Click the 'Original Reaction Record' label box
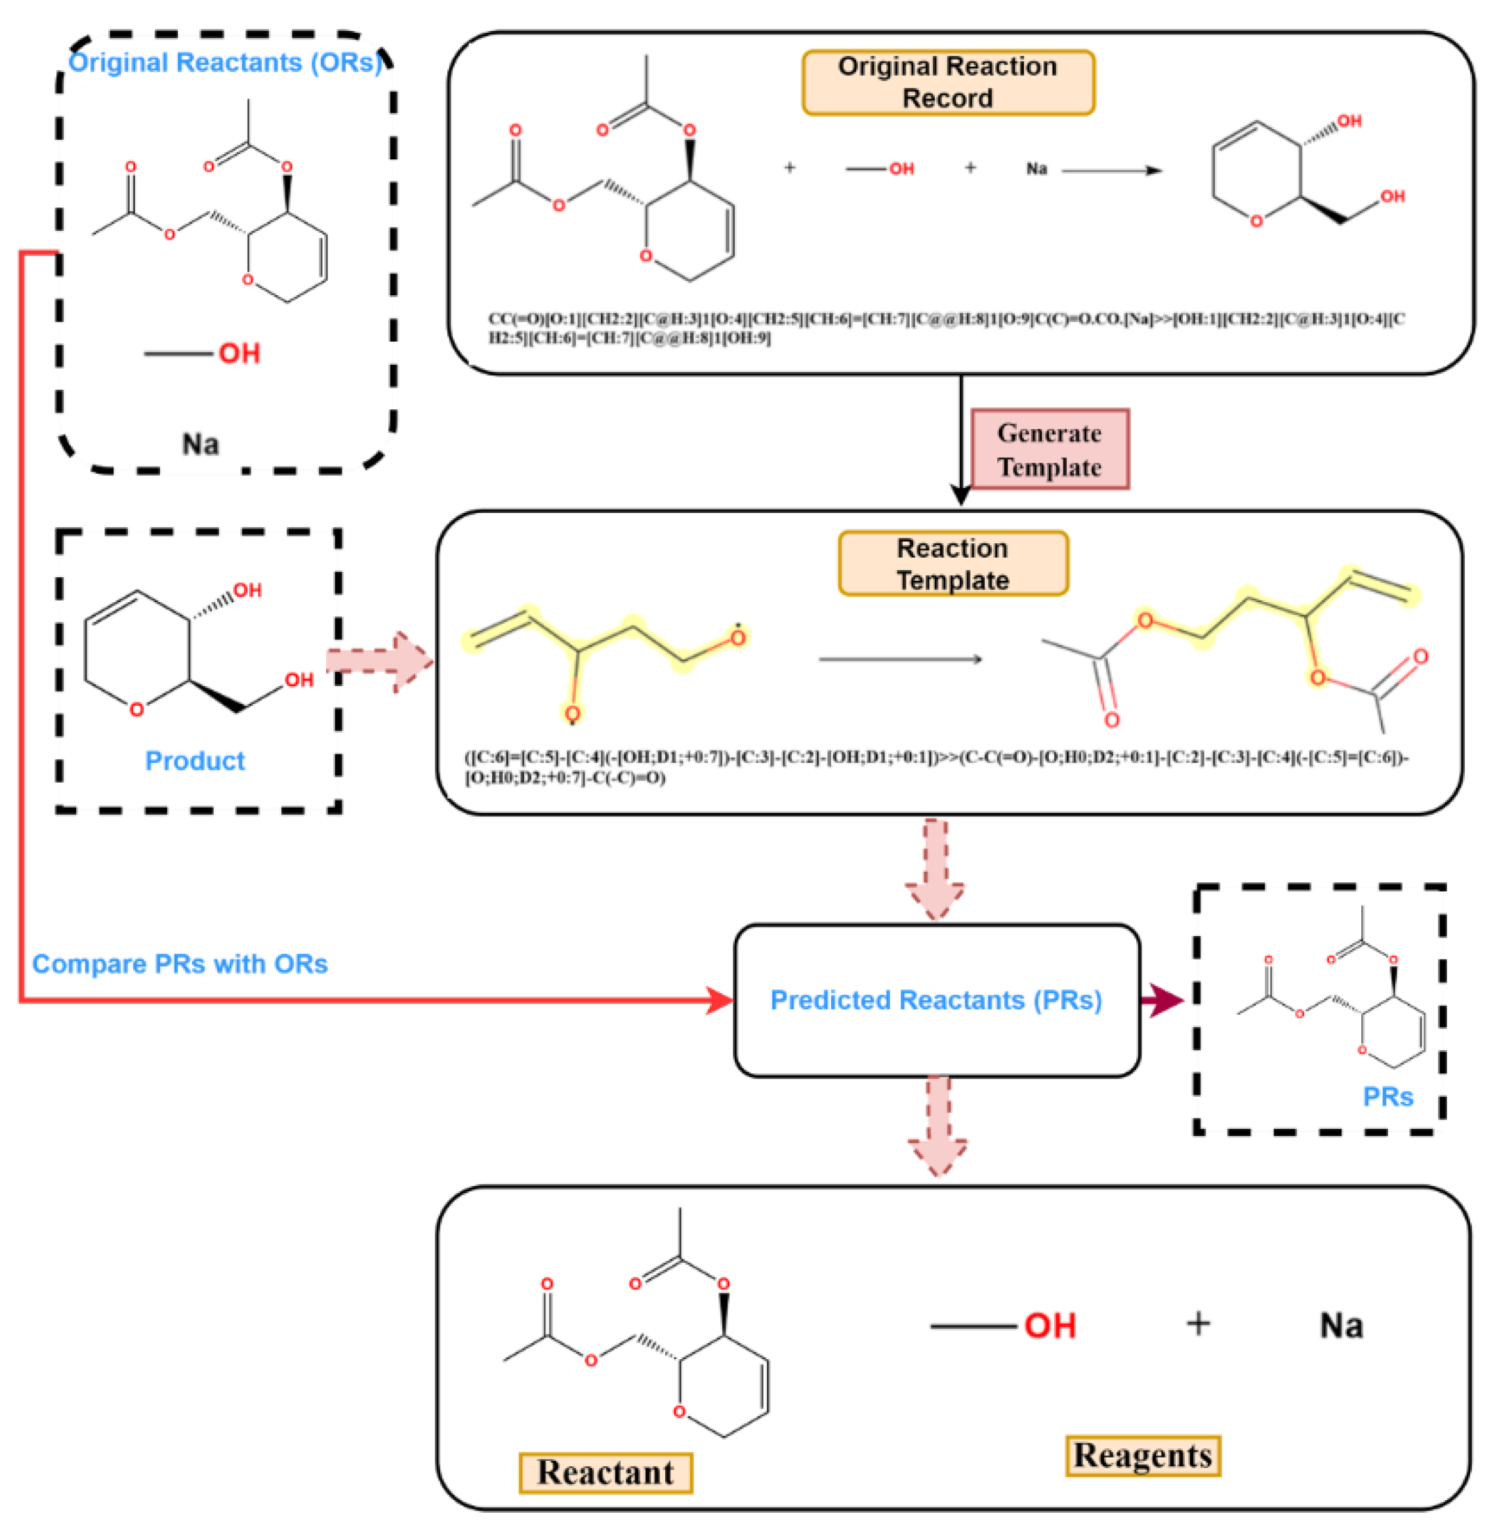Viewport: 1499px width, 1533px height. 948,83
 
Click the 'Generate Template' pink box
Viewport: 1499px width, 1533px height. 1050,449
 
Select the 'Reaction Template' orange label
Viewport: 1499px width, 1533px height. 953,563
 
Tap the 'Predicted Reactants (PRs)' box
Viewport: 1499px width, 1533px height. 936,1000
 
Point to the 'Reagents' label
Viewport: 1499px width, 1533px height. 1142,1455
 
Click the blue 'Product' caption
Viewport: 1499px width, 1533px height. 194,760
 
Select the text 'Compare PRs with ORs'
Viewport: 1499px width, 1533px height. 180,964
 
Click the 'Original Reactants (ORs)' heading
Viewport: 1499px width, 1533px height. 225,62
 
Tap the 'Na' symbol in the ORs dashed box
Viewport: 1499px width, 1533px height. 201,444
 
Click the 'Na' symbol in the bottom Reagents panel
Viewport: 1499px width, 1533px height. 1341,1325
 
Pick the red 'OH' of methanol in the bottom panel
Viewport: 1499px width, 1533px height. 1050,1326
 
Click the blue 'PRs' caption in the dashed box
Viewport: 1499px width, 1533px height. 1388,1096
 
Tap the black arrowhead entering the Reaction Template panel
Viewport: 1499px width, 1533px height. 960,495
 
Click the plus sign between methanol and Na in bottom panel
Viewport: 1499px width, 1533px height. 1197,1324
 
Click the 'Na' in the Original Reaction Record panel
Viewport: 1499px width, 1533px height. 1036,169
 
